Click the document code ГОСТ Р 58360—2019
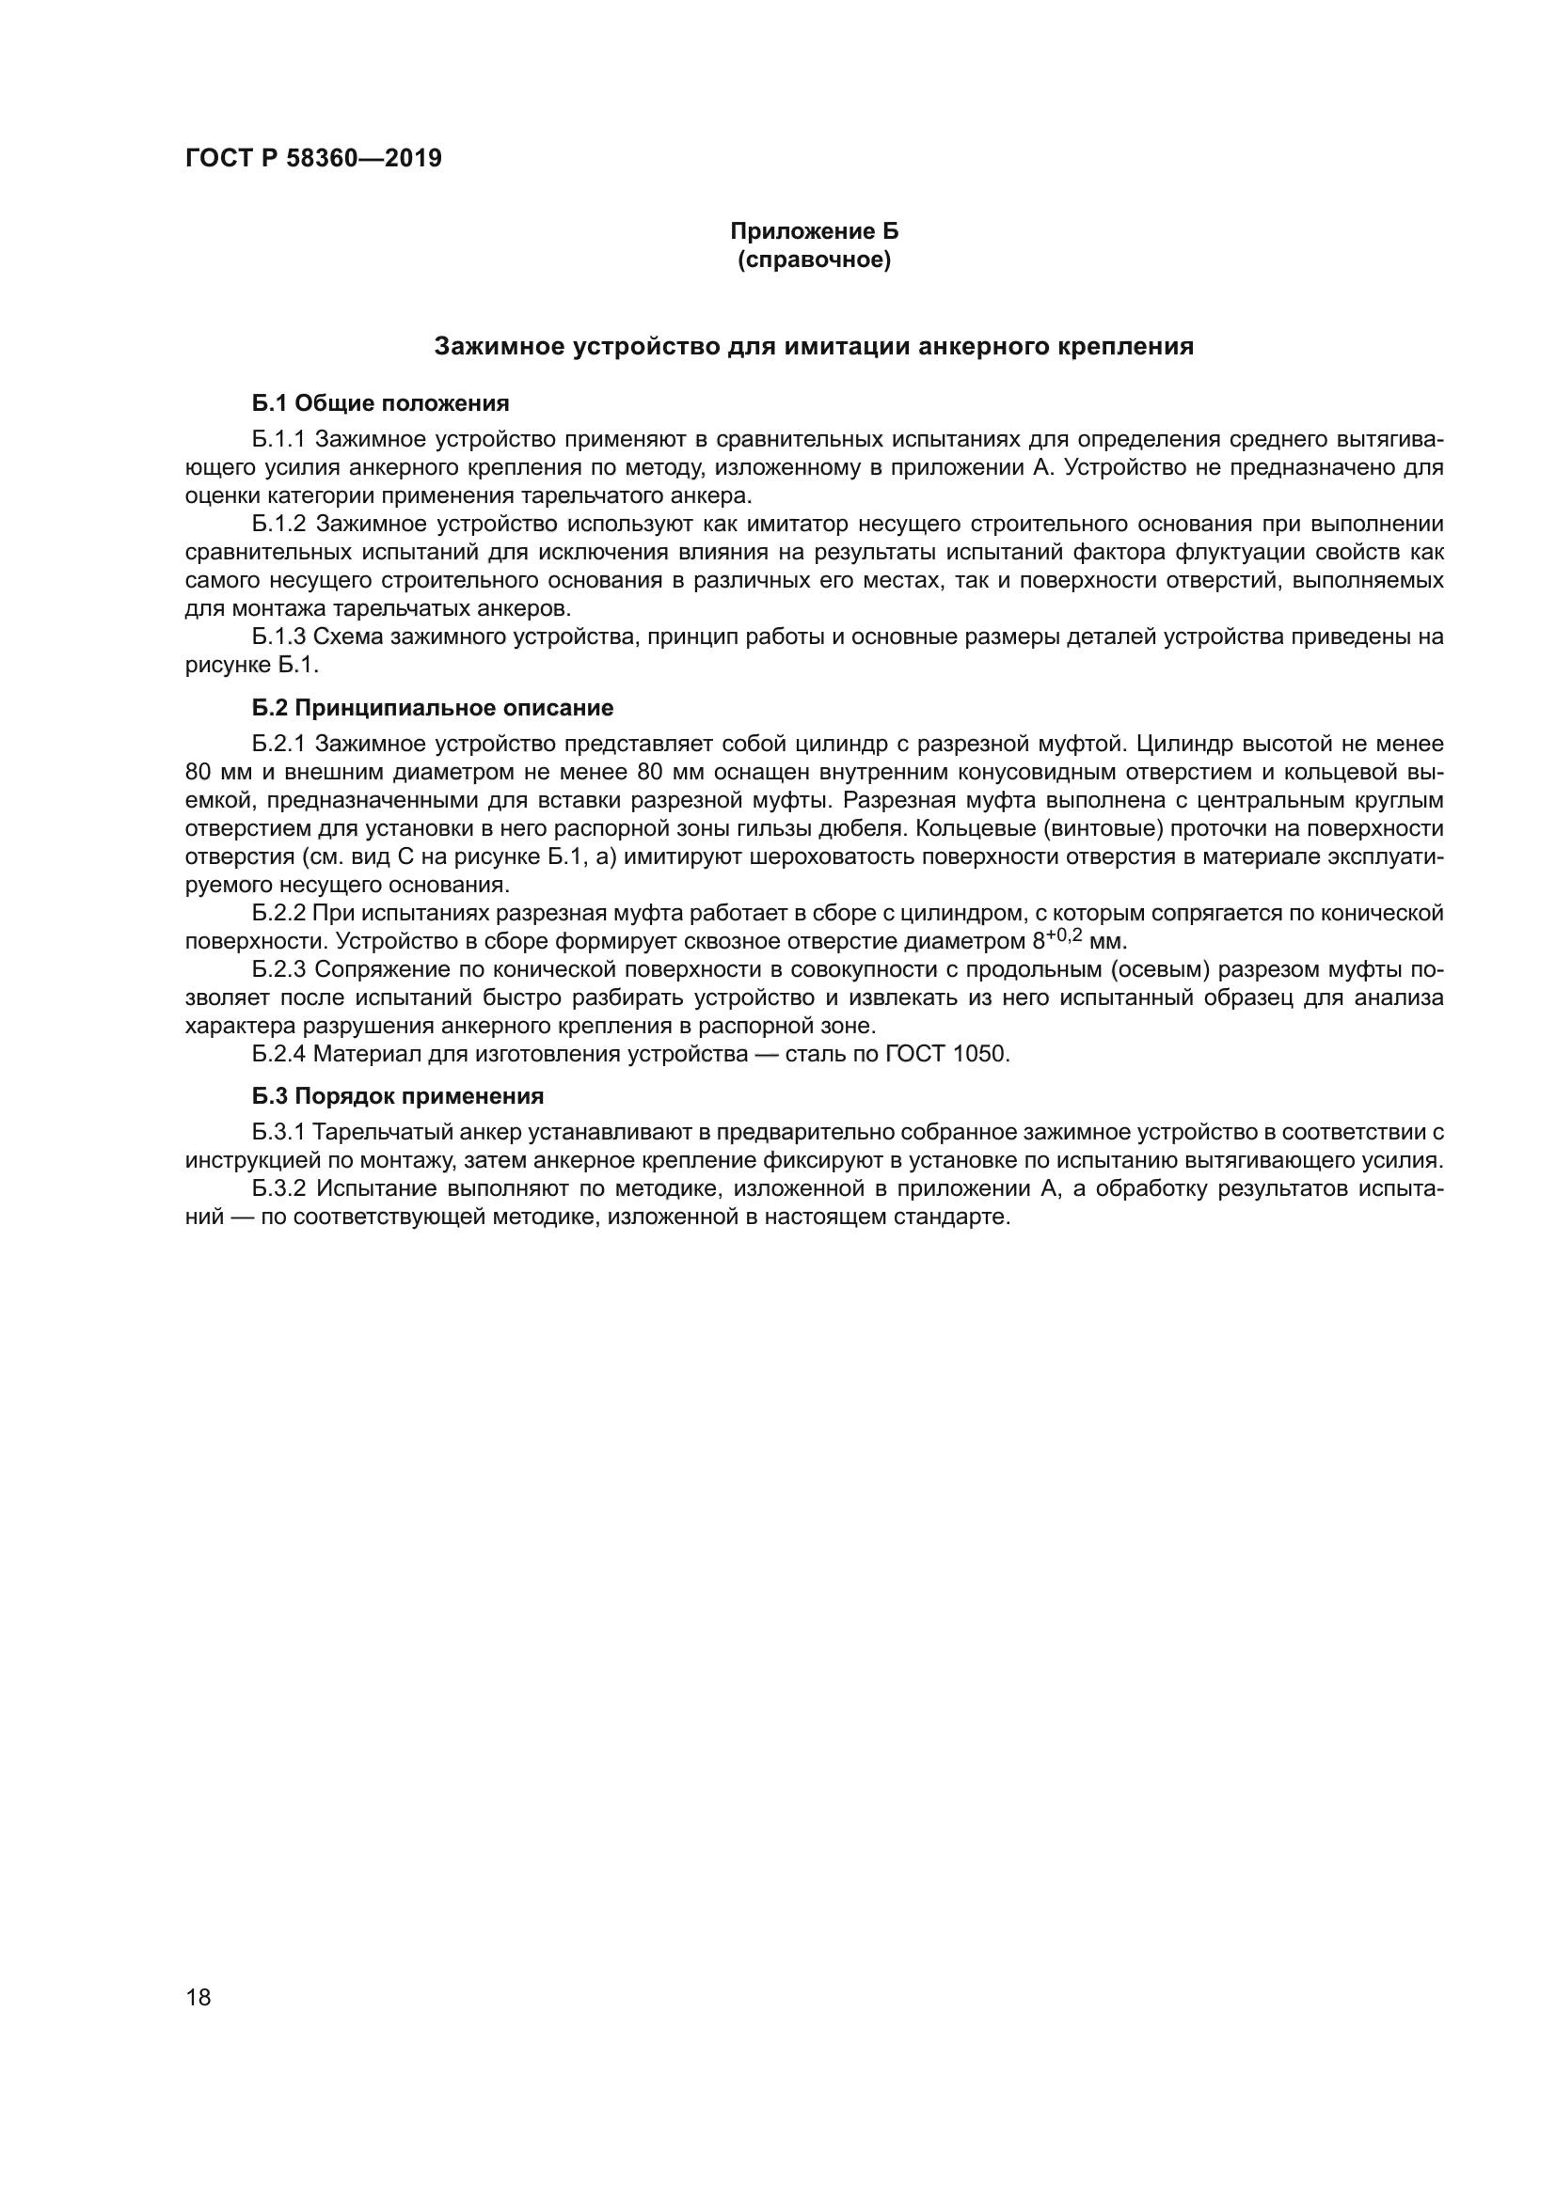[x=313, y=158]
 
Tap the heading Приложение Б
[x=814, y=231]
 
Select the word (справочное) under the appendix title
[x=814, y=259]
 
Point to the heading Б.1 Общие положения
[x=380, y=403]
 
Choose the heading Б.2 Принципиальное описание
[x=432, y=708]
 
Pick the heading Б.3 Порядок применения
[x=398, y=1095]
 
